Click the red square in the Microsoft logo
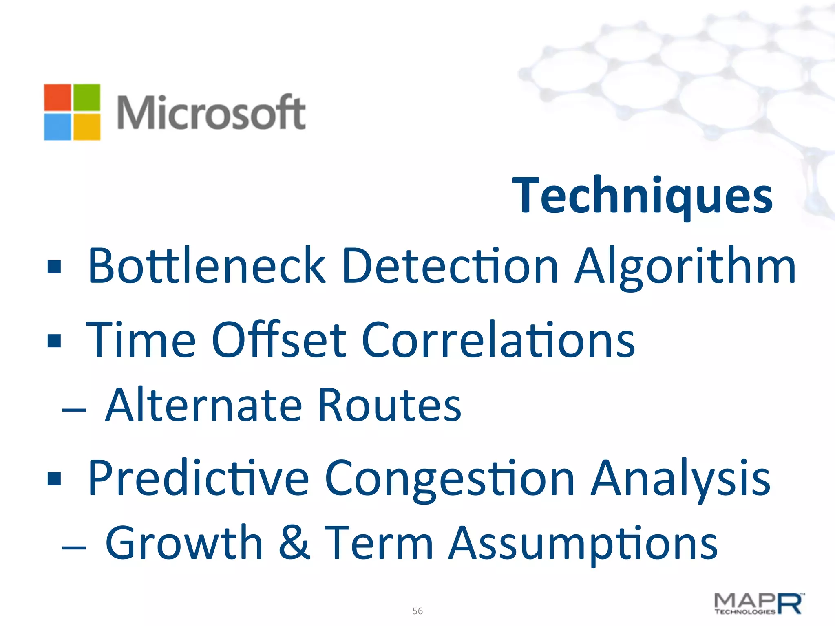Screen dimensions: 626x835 pyautogui.click(x=57, y=97)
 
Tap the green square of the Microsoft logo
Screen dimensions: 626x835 pyautogui.click(x=86, y=97)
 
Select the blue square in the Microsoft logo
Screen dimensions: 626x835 pyautogui.click(x=57, y=127)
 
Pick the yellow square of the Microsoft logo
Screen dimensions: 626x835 pyautogui.click(x=86, y=127)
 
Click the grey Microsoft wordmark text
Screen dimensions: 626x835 pyautogui.click(x=211, y=112)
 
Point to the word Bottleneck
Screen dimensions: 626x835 pyautogui.click(x=207, y=266)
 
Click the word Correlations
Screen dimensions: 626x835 pyautogui.click(x=498, y=339)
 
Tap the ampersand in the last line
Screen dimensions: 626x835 pyautogui.click(x=294, y=542)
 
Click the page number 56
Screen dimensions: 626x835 pyautogui.click(x=417, y=611)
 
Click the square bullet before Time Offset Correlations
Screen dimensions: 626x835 pyautogui.click(x=54, y=340)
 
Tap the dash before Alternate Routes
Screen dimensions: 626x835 pyautogui.click(x=74, y=409)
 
